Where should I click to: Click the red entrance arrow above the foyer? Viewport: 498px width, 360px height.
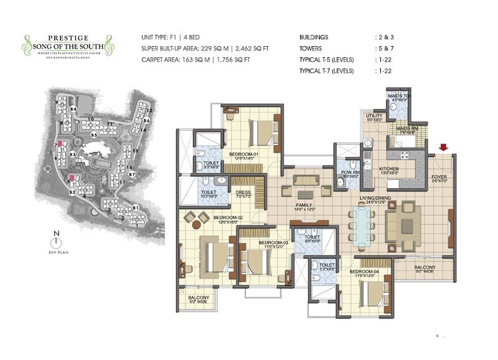point(443,148)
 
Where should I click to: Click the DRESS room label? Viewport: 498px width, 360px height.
point(243,192)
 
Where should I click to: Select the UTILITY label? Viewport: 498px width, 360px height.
point(374,116)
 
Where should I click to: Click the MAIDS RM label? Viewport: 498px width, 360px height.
point(405,128)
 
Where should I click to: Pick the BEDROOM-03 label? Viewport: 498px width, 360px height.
point(272,242)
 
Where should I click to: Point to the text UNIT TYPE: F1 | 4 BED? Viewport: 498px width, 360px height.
point(174,38)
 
